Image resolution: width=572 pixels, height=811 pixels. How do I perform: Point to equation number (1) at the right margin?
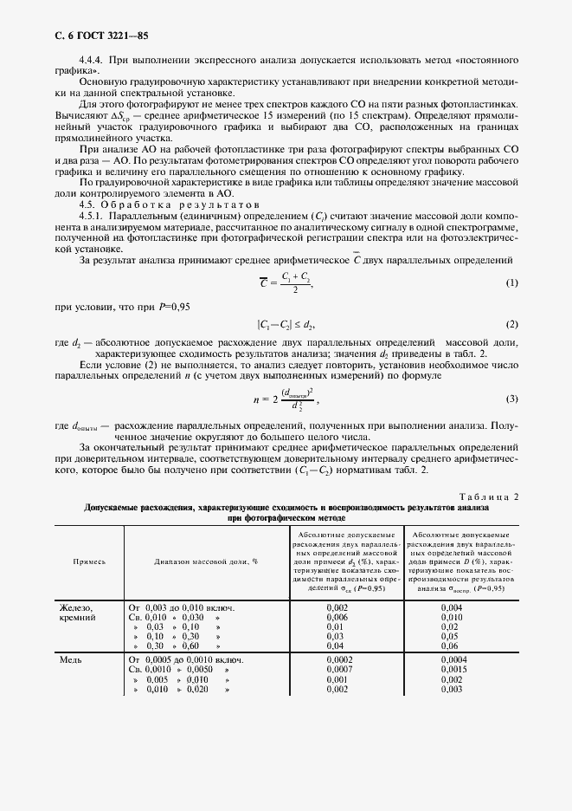click(x=511, y=283)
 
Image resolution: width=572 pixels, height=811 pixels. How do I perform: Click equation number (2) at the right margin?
click(x=511, y=324)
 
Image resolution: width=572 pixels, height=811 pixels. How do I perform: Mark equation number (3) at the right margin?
click(x=511, y=399)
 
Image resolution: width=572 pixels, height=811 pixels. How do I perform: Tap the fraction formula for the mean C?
click(x=285, y=283)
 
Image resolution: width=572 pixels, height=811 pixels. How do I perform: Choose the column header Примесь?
click(x=89, y=561)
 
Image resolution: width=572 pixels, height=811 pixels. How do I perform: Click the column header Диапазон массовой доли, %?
click(x=207, y=561)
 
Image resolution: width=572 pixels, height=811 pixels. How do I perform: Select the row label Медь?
click(x=70, y=660)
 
